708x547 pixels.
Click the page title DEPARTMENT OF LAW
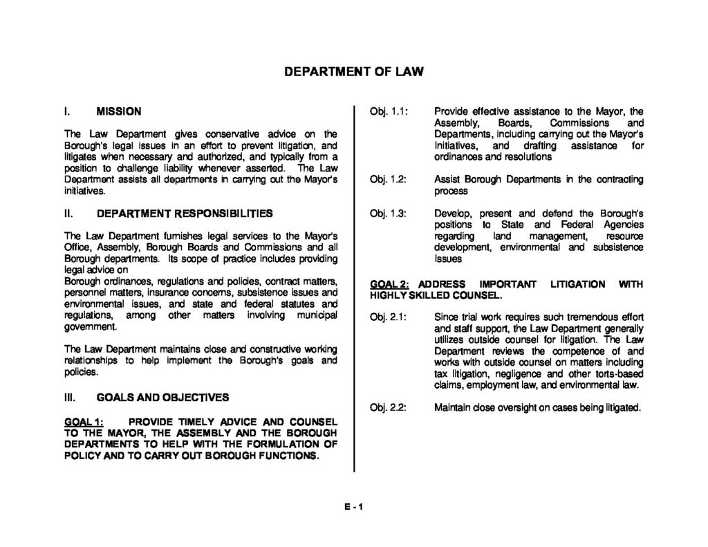[x=353, y=71]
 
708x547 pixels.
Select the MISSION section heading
[x=119, y=111]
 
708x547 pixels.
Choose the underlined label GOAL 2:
[x=390, y=284]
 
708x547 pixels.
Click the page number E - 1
[x=353, y=506]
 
